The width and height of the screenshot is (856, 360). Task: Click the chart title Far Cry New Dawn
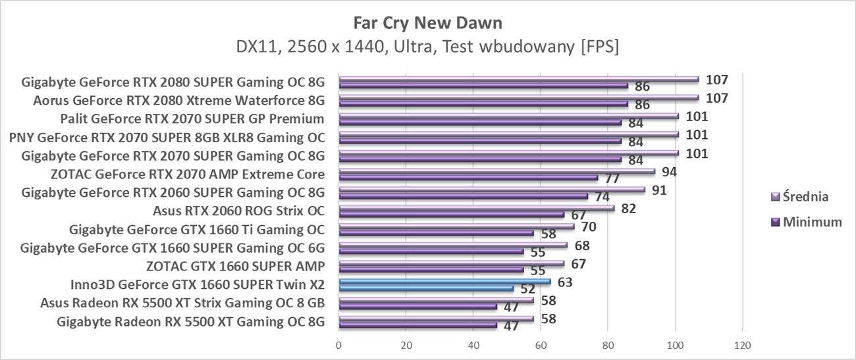click(x=427, y=23)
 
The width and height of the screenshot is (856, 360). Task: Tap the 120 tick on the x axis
click(x=742, y=345)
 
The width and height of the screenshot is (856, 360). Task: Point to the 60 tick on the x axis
click(x=541, y=345)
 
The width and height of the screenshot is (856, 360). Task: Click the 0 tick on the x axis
click(x=338, y=345)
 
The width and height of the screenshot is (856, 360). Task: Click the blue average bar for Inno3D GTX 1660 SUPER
click(x=444, y=282)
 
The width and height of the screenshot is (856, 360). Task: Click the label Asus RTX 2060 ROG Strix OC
click(x=238, y=211)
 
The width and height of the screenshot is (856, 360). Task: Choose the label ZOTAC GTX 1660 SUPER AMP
click(x=235, y=267)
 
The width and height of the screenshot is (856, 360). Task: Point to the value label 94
click(x=670, y=172)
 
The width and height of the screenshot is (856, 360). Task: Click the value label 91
click(x=660, y=190)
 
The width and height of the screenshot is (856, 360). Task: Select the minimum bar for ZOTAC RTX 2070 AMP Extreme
click(x=468, y=178)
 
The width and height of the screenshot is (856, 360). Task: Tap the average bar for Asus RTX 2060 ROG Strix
click(x=476, y=208)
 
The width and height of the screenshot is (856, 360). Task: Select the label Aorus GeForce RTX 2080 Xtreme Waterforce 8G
click(x=179, y=101)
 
